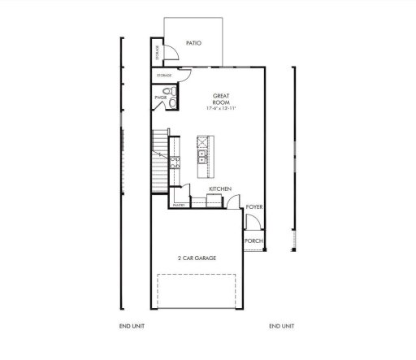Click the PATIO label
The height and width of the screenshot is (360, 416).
click(193, 42)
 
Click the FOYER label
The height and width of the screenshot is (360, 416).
click(254, 207)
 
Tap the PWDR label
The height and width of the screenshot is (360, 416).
click(160, 98)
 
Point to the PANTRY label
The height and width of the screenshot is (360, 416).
click(180, 206)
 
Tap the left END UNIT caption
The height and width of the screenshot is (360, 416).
click(132, 326)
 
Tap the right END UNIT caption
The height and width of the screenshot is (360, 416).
click(282, 326)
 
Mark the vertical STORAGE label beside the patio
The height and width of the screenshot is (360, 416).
click(157, 52)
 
